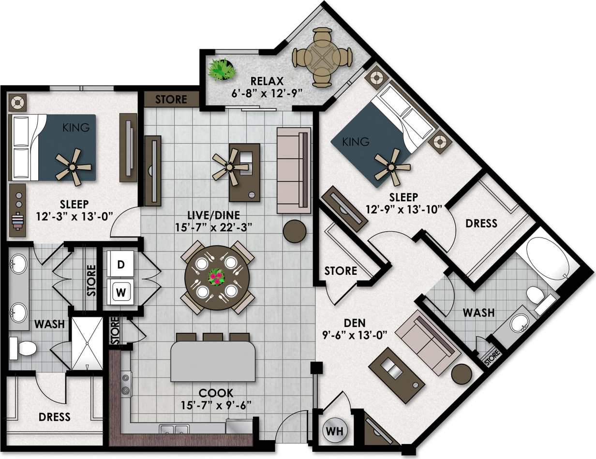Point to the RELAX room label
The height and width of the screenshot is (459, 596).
[264, 80]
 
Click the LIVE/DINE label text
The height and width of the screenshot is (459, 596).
[220, 214]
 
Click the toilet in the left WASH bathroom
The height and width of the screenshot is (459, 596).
[23, 348]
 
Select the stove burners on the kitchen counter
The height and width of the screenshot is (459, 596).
[126, 384]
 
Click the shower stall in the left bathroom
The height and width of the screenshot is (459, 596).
[87, 343]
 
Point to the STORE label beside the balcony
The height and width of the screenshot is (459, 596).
[171, 99]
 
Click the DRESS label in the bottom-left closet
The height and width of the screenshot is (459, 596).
[55, 416]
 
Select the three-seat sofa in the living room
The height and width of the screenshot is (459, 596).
[294, 171]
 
